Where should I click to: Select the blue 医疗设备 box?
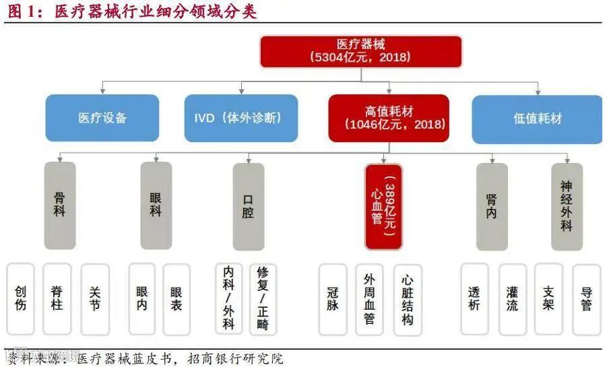click(102, 118)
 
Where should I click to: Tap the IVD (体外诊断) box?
click(242, 118)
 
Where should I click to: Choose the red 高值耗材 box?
click(389, 118)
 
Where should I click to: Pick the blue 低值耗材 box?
click(537, 119)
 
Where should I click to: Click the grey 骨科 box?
click(60, 205)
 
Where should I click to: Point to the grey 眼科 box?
click(156, 205)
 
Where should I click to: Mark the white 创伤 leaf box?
click(20, 298)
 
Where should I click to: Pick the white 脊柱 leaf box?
click(57, 298)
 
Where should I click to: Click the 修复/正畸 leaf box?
click(263, 298)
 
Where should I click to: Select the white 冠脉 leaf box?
click(333, 298)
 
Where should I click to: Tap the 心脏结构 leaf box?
click(407, 300)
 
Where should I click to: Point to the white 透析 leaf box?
click(474, 298)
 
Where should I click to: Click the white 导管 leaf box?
click(586, 298)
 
